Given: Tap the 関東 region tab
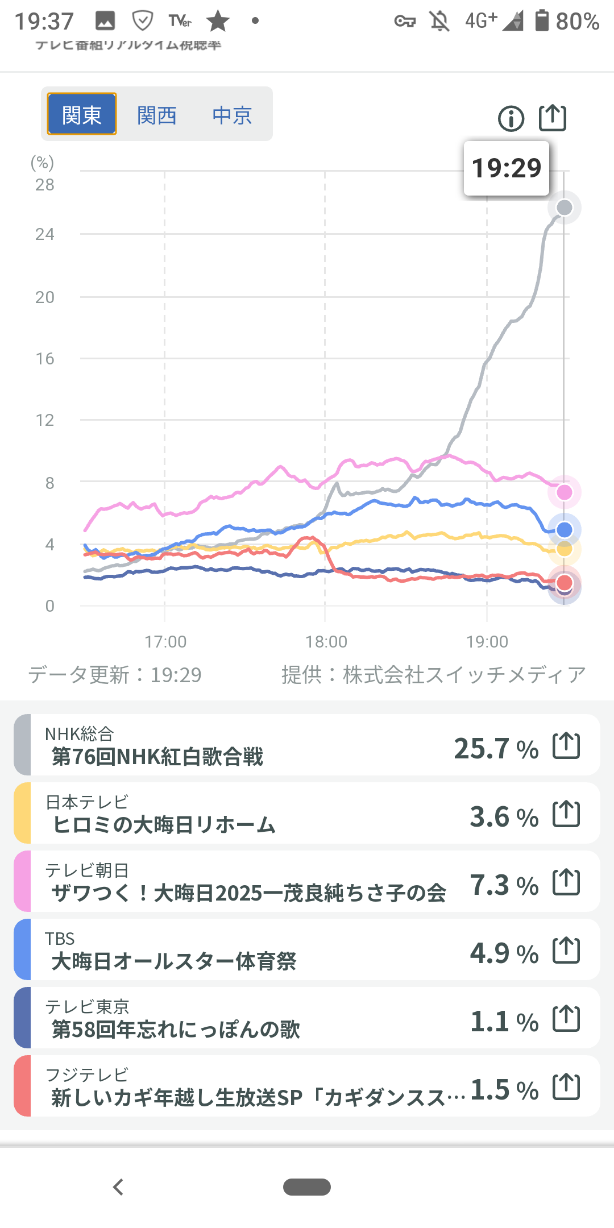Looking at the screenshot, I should tap(82, 114).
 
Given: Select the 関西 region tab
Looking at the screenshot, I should tap(157, 115).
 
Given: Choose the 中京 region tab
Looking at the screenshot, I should tap(232, 115).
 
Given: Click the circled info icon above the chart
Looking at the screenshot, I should tap(511, 119).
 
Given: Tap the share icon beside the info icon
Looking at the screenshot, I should tap(553, 118).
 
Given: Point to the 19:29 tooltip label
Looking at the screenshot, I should tap(507, 168).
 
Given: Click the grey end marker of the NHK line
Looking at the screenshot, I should tap(564, 208).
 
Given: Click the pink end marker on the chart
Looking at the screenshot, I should tap(564, 492).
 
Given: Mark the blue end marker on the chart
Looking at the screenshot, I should tap(564, 530).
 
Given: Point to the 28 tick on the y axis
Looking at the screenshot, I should tap(45, 185).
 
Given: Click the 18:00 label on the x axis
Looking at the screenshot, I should tap(326, 642).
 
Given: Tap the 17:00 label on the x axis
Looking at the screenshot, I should tap(165, 642).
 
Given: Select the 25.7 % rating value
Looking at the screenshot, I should tap(496, 749).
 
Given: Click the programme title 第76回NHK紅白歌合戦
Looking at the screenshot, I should tap(157, 757).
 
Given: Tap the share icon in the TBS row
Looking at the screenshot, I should tap(566, 950).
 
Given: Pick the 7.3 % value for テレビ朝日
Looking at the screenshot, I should tap(504, 885).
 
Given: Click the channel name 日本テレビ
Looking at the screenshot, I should tap(87, 802).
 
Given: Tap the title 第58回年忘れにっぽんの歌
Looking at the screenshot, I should tap(176, 1030).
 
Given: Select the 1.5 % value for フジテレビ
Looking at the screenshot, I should tap(504, 1090).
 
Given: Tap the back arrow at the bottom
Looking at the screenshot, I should tap(118, 1187).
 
